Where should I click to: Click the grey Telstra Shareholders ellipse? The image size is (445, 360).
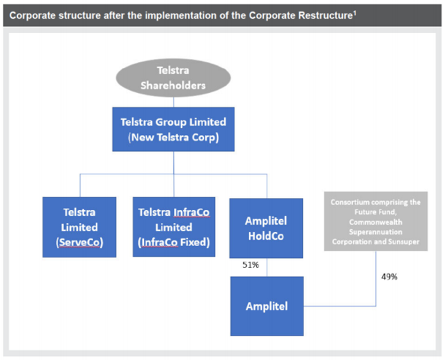click(173, 78)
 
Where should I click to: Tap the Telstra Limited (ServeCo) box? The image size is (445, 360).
click(79, 227)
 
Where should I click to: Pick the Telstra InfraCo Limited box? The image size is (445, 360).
click(174, 227)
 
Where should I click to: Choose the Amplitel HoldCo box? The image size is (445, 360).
click(266, 228)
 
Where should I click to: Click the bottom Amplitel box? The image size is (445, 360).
click(267, 306)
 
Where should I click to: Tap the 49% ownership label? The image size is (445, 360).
click(389, 277)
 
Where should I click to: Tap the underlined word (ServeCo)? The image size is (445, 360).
click(80, 242)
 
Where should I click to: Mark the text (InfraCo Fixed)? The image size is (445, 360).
click(174, 242)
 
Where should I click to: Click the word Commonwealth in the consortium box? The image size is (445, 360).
click(376, 222)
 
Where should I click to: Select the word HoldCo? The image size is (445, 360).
click(266, 236)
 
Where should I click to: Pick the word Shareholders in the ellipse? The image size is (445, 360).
click(173, 85)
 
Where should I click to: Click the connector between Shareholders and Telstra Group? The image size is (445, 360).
click(173, 102)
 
